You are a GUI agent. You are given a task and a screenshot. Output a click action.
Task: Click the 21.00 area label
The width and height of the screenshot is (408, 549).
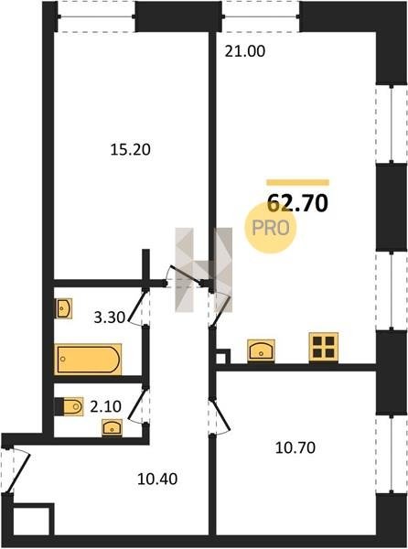(x=244, y=51)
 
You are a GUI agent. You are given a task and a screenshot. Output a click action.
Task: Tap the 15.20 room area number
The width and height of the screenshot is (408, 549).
(x=130, y=149)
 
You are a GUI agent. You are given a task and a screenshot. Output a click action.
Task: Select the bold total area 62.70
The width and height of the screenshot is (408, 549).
(x=297, y=203)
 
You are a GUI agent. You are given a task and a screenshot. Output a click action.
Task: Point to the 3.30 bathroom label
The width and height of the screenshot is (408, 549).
(x=110, y=318)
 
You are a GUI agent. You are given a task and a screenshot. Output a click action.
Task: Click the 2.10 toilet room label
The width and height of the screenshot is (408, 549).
(x=106, y=406)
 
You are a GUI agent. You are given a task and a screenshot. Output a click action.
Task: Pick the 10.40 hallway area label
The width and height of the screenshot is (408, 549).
(x=157, y=479)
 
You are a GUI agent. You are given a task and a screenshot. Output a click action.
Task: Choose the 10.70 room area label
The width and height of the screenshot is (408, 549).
(x=295, y=447)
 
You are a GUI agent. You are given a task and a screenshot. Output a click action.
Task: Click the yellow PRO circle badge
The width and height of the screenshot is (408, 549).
(x=270, y=228)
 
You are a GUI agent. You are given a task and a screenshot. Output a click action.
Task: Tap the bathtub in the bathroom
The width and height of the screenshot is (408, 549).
(x=88, y=360)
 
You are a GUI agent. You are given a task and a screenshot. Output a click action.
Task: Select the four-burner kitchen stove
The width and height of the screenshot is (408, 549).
(x=324, y=347)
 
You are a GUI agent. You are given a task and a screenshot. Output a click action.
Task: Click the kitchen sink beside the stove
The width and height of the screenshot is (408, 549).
(x=261, y=350)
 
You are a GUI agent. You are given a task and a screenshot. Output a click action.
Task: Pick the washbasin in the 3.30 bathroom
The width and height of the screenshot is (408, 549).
(x=64, y=308)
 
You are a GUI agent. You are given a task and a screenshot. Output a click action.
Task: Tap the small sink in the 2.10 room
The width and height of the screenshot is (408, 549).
(x=112, y=428)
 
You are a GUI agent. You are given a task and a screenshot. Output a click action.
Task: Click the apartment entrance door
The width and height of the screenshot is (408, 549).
(x=16, y=471)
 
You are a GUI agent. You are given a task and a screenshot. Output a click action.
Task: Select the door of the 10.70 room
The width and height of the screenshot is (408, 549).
(x=220, y=416)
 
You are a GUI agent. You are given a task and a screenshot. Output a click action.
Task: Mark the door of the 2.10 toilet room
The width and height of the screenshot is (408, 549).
(x=138, y=405)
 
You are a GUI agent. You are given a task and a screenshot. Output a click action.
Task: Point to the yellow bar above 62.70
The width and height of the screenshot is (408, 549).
(x=298, y=182)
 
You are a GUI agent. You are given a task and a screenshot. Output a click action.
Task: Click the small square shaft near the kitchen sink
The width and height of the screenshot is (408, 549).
(x=223, y=357)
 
